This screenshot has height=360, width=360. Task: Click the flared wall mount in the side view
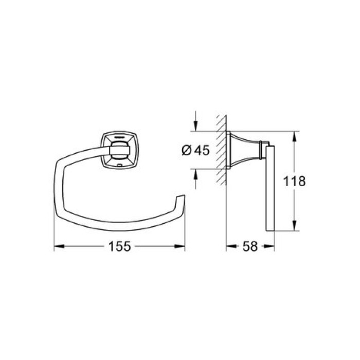pos(244,150)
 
